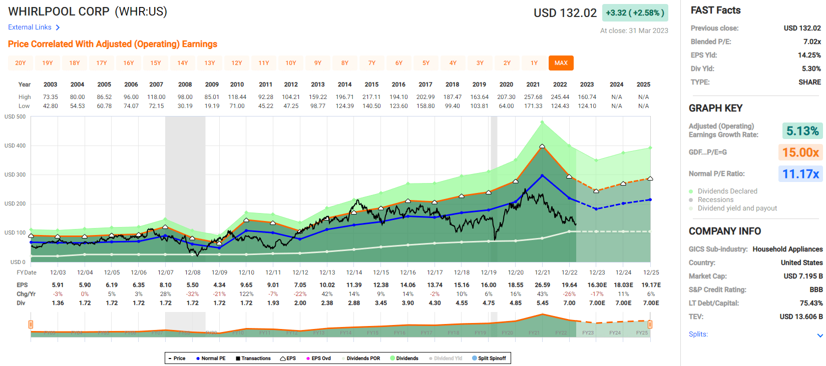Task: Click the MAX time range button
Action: pos(561,63)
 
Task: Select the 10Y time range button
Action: pos(291,63)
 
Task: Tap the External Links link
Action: pos(30,27)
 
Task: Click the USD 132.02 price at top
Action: pos(565,13)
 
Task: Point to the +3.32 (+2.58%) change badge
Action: pos(635,13)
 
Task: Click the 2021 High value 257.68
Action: pos(533,97)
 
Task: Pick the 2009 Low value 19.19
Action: pos(212,106)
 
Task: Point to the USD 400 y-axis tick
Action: pos(15,145)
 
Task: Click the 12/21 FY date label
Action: pos(543,272)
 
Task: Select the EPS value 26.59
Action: pos(543,285)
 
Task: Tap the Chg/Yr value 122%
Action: pos(246,294)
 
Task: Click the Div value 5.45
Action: pos(543,303)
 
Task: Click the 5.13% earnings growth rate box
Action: pos(802,131)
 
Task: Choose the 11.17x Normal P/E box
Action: pos(801,174)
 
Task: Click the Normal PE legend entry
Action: pos(211,358)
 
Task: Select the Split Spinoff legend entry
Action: pos(489,358)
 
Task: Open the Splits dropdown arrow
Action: pos(820,335)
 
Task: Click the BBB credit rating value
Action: pos(816,289)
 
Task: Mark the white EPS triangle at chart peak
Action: pos(542,146)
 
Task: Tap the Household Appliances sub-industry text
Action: pos(787,249)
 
